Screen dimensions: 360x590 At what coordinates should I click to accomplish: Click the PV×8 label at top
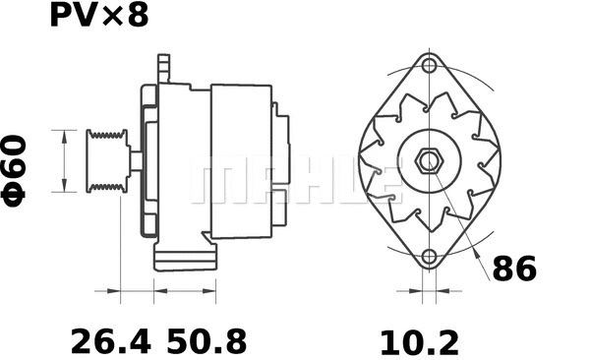(x=99, y=17)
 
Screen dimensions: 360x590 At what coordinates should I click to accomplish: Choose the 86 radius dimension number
(x=514, y=268)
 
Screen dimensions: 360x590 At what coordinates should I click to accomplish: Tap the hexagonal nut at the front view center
(x=429, y=160)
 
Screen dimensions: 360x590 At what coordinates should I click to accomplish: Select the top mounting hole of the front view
(x=429, y=66)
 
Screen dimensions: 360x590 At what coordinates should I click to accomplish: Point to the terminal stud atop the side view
(x=163, y=69)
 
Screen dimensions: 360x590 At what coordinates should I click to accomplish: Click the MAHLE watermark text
(x=295, y=182)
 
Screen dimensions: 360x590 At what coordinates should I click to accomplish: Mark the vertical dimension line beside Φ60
(x=66, y=160)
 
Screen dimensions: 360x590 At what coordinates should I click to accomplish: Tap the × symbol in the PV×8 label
(x=112, y=19)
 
